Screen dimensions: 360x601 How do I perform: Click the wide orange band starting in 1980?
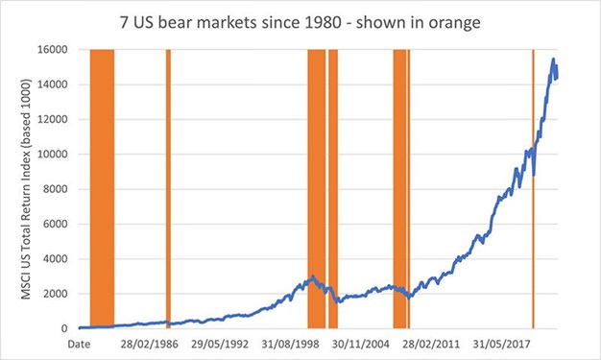tap(102, 187)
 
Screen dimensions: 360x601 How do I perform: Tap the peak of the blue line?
tap(553, 60)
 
